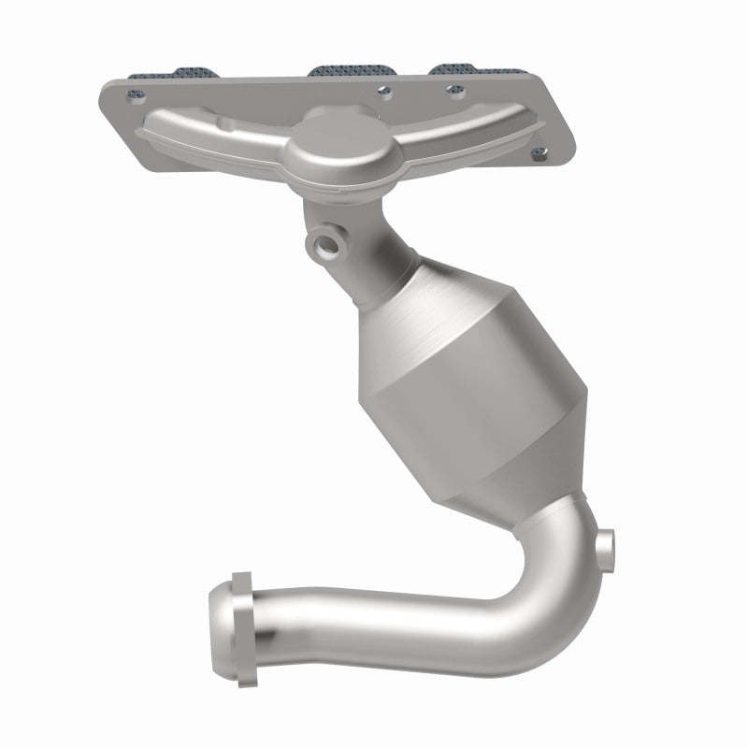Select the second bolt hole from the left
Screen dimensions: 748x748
click(383, 91)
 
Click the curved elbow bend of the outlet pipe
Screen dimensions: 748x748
click(542, 580)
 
